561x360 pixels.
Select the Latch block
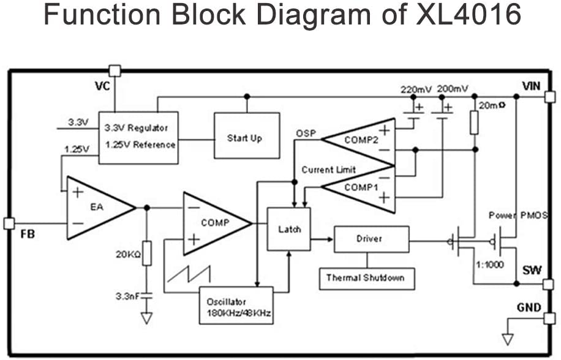click(288, 230)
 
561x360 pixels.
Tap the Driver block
click(371, 239)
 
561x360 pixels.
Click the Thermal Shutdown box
click(366, 278)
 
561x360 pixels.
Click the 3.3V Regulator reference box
click(138, 137)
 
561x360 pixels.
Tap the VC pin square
click(115, 70)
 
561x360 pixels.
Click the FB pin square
click(9, 223)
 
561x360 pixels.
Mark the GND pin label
click(529, 307)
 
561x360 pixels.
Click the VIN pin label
click(531, 85)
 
